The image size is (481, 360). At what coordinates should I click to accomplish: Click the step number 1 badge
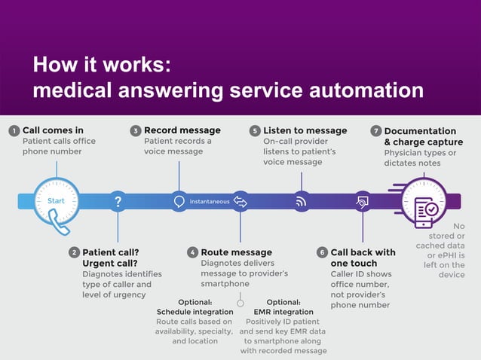coord(14,131)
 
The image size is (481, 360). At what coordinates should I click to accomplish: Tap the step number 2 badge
coord(74,252)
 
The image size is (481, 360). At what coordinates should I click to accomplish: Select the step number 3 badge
coord(136,131)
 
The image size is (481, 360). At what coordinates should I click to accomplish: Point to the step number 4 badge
coord(193,252)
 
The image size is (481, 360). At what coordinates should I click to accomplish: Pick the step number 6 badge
coord(322,252)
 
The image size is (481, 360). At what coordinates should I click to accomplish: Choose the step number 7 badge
coord(375,131)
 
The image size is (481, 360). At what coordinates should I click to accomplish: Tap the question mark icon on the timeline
coord(118,202)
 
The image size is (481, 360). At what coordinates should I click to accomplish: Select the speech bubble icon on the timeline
coord(179,202)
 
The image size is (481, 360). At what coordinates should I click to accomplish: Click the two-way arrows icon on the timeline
coord(240,202)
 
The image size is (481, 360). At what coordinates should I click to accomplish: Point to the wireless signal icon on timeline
coord(301,202)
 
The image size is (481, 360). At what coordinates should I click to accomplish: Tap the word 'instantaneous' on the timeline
coord(210,202)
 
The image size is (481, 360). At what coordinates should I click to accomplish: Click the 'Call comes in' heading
coord(53,130)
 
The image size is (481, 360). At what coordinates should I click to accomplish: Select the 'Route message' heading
coord(236,252)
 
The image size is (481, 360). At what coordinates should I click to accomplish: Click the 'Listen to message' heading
coord(305,130)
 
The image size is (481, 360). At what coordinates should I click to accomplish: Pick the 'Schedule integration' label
coord(195,312)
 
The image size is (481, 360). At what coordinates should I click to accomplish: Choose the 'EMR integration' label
coord(283,312)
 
